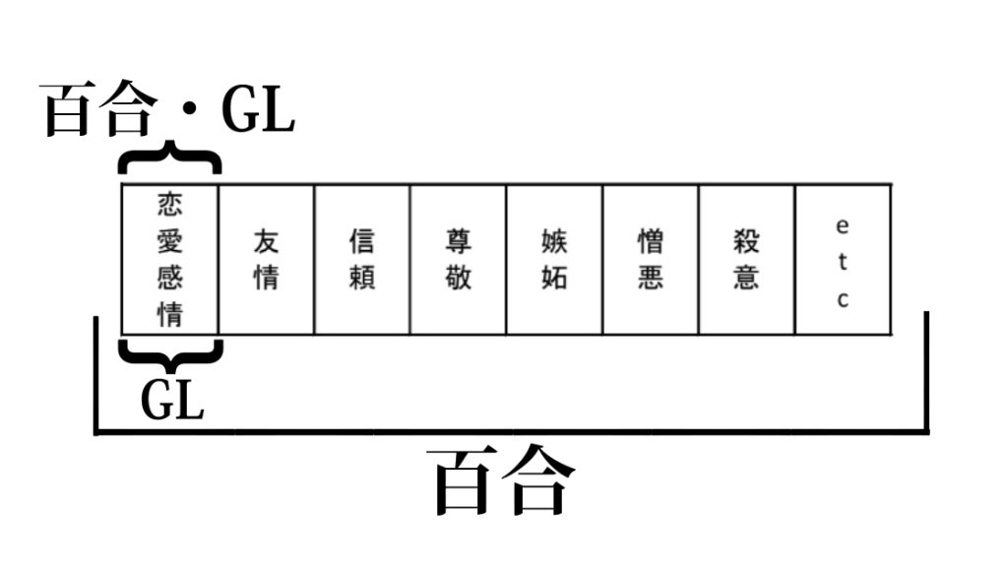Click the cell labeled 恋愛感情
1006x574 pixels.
pyautogui.click(x=169, y=259)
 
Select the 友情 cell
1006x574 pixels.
pyautogui.click(x=266, y=259)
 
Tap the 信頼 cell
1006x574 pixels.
pyautogui.click(x=362, y=259)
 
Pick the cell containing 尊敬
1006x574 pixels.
pyautogui.click(x=458, y=259)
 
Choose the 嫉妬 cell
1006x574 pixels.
pyautogui.click(x=554, y=259)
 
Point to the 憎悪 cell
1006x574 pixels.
pyautogui.click(x=650, y=259)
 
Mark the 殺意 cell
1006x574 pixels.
pyautogui.click(x=746, y=259)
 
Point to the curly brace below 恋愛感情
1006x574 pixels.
pyautogui.click(x=169, y=352)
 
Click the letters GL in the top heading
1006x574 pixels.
pyautogui.click(x=257, y=111)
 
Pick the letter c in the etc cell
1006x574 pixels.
pyautogui.click(x=843, y=299)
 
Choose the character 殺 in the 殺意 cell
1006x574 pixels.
pyautogui.click(x=746, y=240)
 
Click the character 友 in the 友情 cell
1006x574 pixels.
pyautogui.click(x=266, y=240)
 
